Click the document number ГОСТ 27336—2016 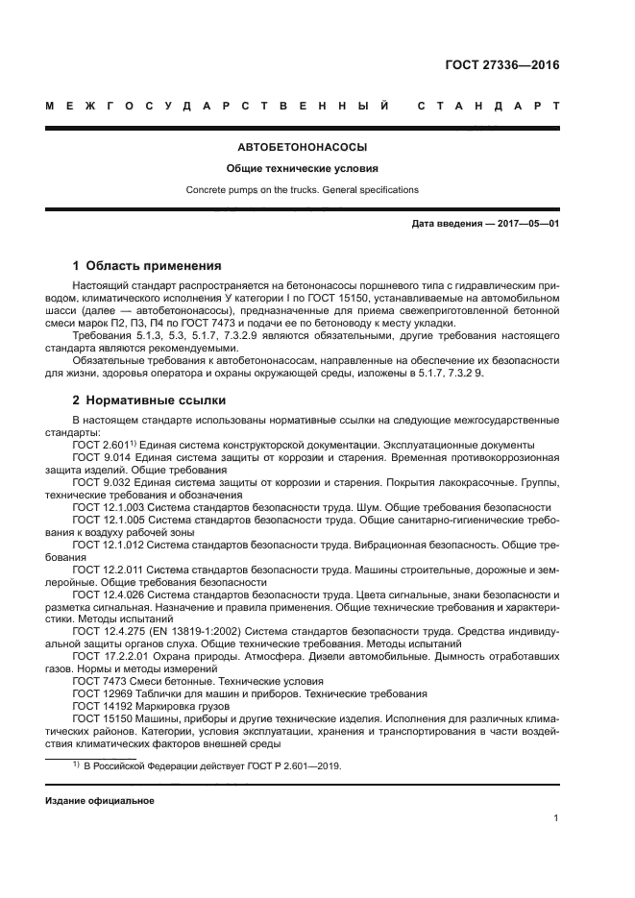[x=502, y=66]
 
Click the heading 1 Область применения [x=147, y=265]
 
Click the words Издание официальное [x=99, y=800]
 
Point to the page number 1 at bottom [x=556, y=818]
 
